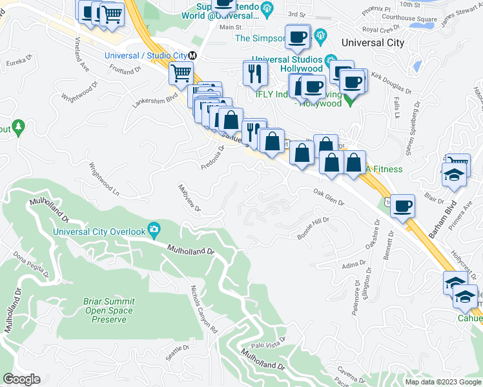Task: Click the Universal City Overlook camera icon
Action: point(154,229)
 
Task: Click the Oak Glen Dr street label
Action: point(329,196)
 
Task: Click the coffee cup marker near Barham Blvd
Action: point(402,206)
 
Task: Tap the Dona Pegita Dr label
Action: point(32,269)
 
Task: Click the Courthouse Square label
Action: point(408,19)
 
